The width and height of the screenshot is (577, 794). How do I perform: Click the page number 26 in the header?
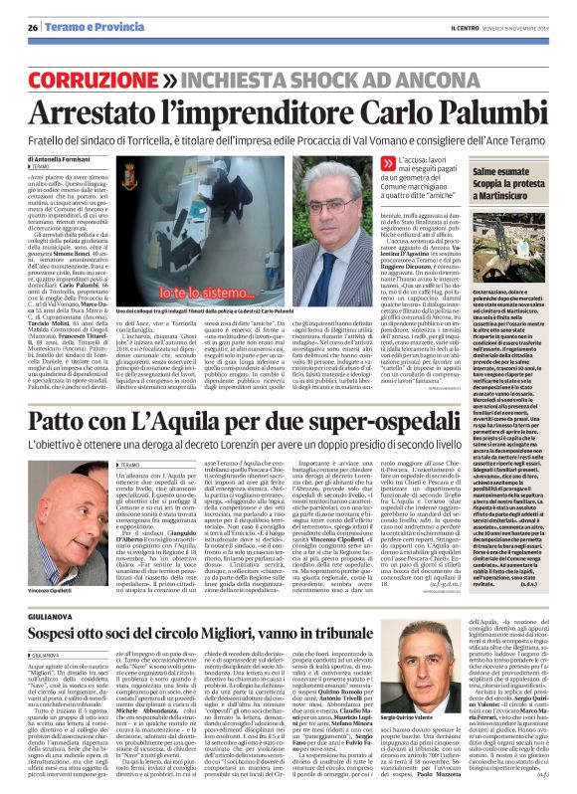(x=15, y=11)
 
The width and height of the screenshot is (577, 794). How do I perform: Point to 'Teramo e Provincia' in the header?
(x=80, y=11)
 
